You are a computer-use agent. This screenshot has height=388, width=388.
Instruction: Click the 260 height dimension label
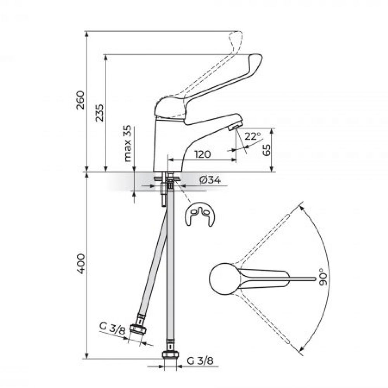[80, 100]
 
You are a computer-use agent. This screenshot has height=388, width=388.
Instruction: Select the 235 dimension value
[100, 113]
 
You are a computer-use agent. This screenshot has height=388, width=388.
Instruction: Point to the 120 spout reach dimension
[203, 154]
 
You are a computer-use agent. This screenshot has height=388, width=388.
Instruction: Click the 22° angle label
[253, 136]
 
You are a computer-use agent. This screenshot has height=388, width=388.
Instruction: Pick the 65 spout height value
[267, 150]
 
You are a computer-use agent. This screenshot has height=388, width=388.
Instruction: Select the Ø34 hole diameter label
[210, 180]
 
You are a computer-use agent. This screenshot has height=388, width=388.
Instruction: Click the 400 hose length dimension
[81, 264]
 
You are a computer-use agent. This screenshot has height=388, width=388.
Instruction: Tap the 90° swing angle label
[323, 277]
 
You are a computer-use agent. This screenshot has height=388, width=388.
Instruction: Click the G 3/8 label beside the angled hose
[113, 328]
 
